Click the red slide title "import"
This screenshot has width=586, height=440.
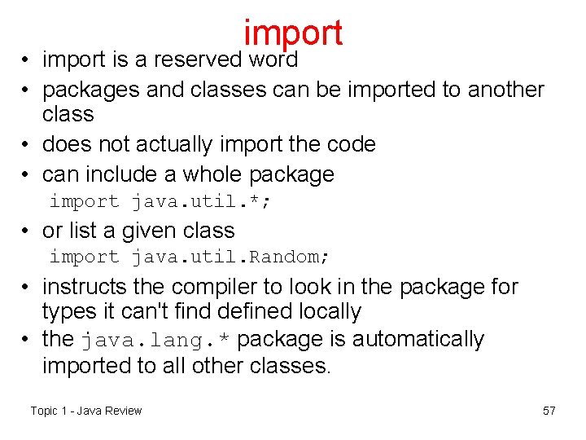(293, 33)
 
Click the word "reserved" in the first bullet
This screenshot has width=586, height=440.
(197, 59)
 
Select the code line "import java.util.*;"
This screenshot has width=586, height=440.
(160, 201)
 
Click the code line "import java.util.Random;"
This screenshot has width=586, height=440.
(190, 257)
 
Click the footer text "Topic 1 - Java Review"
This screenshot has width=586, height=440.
(85, 411)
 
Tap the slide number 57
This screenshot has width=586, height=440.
(549, 411)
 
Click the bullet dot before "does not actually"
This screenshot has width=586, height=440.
(27, 145)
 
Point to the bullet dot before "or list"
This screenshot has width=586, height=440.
(27, 231)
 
